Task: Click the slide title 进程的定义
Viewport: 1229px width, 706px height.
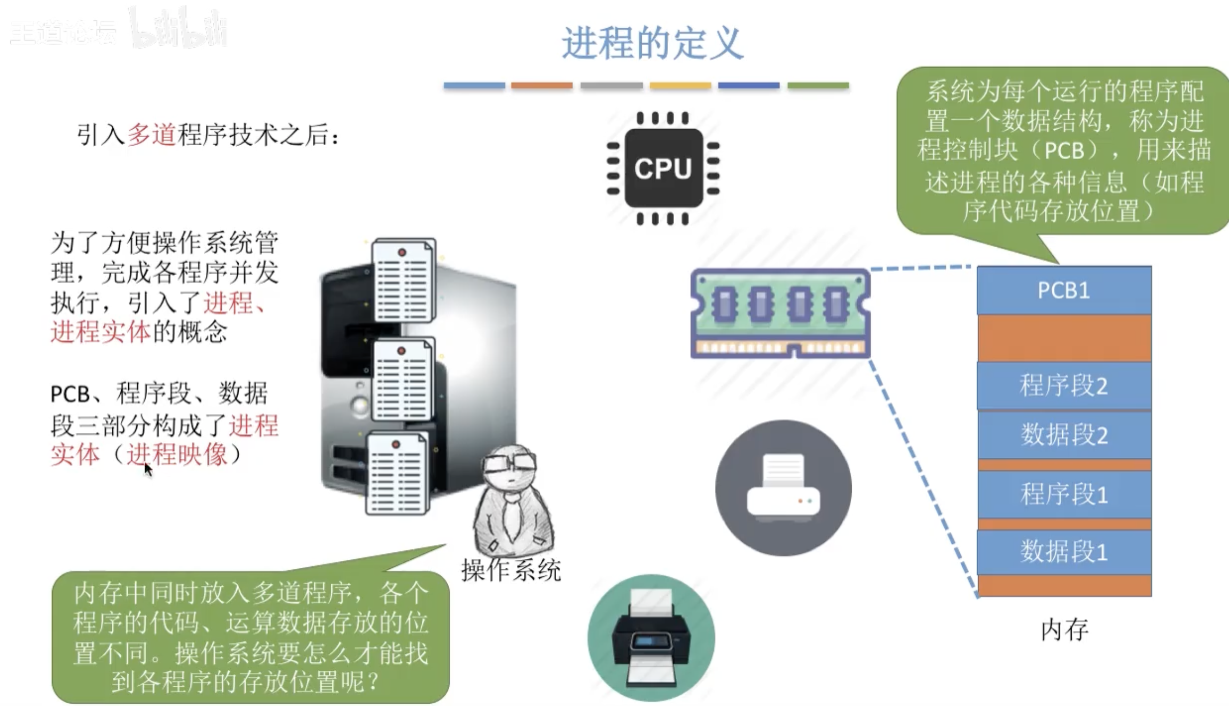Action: (x=652, y=44)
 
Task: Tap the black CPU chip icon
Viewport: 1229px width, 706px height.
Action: (x=663, y=168)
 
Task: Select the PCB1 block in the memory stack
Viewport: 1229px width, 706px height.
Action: (x=1064, y=290)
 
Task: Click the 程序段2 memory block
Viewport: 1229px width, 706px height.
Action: (x=1064, y=386)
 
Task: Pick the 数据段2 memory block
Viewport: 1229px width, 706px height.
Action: (x=1064, y=434)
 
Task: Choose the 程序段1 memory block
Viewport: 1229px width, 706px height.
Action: (x=1064, y=494)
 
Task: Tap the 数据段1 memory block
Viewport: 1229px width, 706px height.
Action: (x=1064, y=552)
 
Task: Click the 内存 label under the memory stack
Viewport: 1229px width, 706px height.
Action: (x=1064, y=630)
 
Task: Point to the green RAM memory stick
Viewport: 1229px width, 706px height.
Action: (x=780, y=313)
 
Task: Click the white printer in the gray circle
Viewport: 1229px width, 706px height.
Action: (x=783, y=488)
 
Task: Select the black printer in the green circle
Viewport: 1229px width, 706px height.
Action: (x=651, y=638)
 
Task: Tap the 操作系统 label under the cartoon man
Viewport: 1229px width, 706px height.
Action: (x=511, y=570)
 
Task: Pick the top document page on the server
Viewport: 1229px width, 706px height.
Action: (x=403, y=280)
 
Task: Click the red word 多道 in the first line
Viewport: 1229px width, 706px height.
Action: (x=151, y=135)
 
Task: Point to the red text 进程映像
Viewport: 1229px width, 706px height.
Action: (x=177, y=455)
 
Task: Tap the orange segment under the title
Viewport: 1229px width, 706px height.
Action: (x=541, y=86)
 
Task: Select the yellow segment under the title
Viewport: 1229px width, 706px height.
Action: (x=680, y=86)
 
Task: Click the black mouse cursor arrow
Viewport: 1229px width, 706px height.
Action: (x=148, y=470)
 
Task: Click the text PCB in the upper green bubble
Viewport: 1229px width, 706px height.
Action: (x=1064, y=151)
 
